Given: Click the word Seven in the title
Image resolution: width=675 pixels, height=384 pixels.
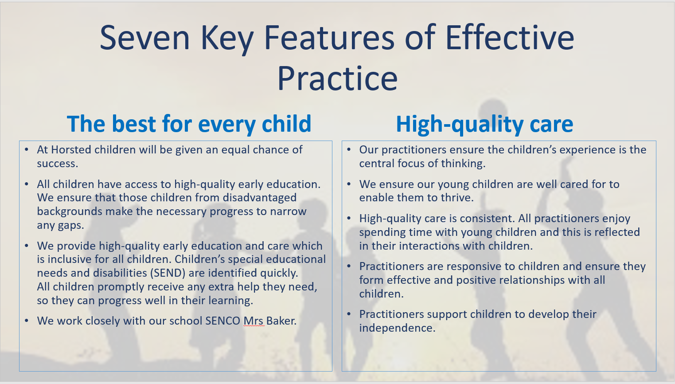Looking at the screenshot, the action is pyautogui.click(x=144, y=38).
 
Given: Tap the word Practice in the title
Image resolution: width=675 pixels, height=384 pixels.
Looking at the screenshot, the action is pyautogui.click(x=338, y=78).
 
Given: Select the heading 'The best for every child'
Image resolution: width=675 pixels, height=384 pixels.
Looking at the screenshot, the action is pyautogui.click(x=189, y=124).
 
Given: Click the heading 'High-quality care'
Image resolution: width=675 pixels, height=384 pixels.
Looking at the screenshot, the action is pyautogui.click(x=484, y=124).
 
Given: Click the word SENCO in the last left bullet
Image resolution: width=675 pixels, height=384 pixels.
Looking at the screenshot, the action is pyautogui.click(x=222, y=321).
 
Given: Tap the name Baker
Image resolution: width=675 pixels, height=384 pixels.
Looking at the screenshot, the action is pyautogui.click(x=281, y=321).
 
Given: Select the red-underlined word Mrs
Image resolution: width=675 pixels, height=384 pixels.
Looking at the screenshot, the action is pyautogui.click(x=254, y=321).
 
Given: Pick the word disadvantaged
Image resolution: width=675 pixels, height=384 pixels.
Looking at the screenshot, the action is pyautogui.click(x=259, y=198).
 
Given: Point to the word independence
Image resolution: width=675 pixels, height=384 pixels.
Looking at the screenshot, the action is pyautogui.click(x=397, y=328).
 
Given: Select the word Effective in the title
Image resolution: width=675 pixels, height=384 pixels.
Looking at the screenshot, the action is pyautogui.click(x=510, y=38).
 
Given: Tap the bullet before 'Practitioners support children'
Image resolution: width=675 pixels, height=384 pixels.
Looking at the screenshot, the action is pyautogui.click(x=349, y=314).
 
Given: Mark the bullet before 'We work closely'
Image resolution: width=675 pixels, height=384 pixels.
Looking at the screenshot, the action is pyautogui.click(x=27, y=321).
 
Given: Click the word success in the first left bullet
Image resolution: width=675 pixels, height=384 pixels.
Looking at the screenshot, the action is pyautogui.click(x=58, y=164).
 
